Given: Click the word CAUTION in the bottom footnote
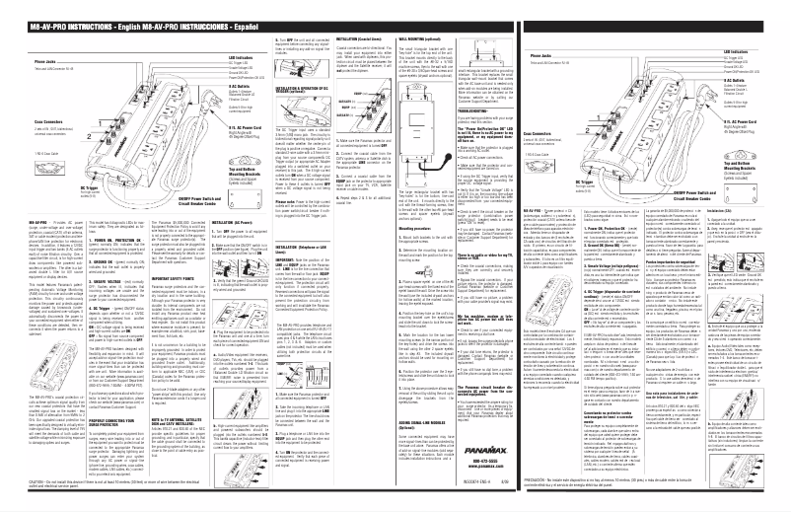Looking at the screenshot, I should tap(12, 499).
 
